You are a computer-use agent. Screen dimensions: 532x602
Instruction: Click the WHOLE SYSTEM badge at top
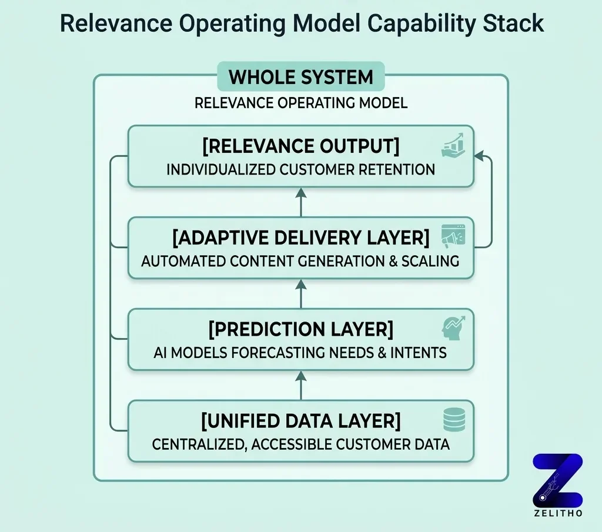click(x=300, y=77)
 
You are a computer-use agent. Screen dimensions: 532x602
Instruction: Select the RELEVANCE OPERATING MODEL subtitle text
click(x=300, y=103)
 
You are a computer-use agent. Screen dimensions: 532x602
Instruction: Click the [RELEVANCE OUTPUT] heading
click(x=300, y=145)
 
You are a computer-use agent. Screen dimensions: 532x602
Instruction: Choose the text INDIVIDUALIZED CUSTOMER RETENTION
click(x=300, y=170)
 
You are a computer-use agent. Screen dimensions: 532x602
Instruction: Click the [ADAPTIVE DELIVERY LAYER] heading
click(x=300, y=237)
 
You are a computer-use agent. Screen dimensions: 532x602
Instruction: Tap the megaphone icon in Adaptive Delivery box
click(x=453, y=236)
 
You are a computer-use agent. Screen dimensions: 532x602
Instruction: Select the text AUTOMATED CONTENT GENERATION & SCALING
click(x=300, y=262)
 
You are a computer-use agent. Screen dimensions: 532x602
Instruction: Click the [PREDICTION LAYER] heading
click(x=300, y=329)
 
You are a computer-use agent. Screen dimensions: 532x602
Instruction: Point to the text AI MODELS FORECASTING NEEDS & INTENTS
click(x=300, y=353)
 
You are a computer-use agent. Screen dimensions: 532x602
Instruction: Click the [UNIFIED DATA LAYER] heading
click(x=300, y=421)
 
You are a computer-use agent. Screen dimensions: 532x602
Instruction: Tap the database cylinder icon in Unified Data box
click(x=454, y=419)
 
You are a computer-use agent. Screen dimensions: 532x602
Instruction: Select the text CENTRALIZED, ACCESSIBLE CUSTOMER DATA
click(x=300, y=444)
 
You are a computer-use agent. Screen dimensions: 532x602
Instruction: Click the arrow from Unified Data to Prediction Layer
click(x=300, y=384)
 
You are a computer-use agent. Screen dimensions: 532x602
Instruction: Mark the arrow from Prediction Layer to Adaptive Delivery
click(x=300, y=293)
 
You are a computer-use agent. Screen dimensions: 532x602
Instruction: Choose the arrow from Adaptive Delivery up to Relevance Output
click(x=300, y=201)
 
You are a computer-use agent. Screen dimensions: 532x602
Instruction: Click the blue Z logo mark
click(x=557, y=480)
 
